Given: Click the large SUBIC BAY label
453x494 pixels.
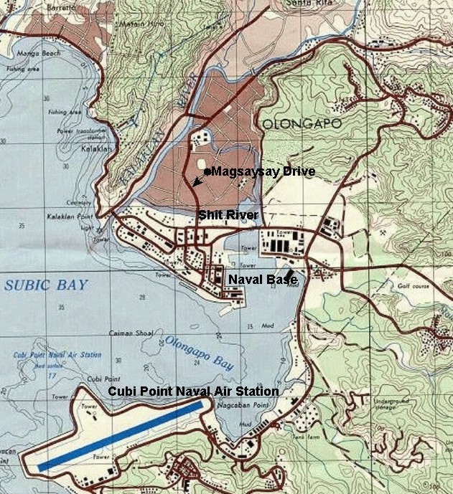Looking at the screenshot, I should click(x=46, y=285).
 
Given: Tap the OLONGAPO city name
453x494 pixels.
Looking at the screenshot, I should click(x=296, y=123).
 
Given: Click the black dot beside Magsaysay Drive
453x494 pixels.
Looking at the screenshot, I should click(x=207, y=172).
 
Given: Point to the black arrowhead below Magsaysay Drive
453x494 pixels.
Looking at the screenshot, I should click(x=196, y=184).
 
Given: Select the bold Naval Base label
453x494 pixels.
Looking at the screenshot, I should click(x=262, y=279).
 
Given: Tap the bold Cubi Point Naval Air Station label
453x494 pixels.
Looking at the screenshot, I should click(x=193, y=391).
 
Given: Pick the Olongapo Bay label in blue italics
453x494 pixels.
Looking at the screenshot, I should click(x=198, y=352).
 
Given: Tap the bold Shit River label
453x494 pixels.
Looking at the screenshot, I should click(x=228, y=215).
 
